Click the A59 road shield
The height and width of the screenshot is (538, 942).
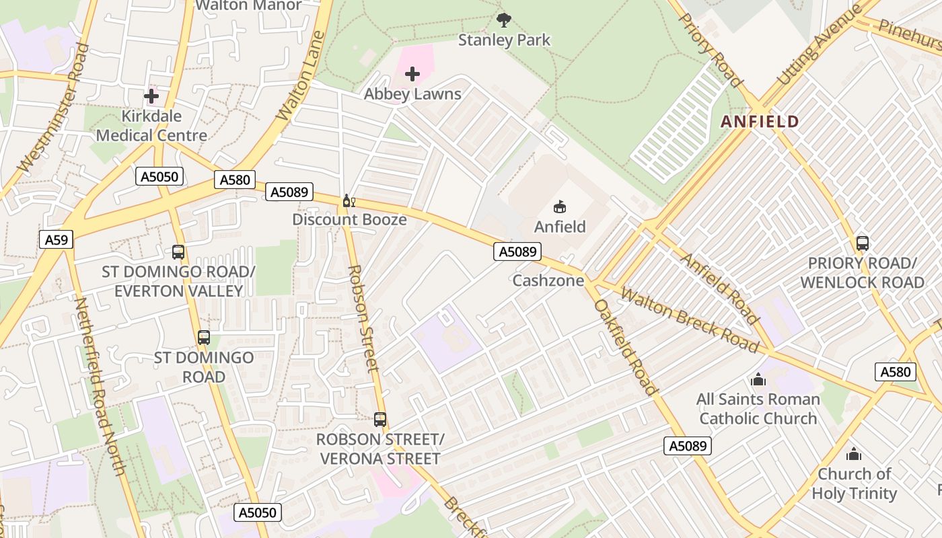(56, 240)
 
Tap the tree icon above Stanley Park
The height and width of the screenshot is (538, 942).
(503, 20)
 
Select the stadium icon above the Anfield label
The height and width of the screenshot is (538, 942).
(560, 207)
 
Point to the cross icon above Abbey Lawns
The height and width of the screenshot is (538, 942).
(412, 74)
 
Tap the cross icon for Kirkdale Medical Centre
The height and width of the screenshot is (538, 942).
(151, 96)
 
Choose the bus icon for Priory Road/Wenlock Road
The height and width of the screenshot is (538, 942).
(863, 243)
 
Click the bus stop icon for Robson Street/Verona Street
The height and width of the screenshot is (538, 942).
(380, 420)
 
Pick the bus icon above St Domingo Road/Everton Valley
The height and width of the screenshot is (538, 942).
(178, 252)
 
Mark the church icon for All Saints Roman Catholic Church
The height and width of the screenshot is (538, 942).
(758, 380)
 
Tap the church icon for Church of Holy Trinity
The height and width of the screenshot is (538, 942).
(854, 455)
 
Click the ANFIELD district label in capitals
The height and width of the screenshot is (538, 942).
(760, 122)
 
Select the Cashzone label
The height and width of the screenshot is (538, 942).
(548, 280)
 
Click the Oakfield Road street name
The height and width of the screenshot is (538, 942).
(625, 347)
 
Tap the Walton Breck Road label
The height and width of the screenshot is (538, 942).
(689, 319)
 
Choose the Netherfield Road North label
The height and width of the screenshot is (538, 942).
(100, 386)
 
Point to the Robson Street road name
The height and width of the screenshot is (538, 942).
(364, 318)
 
